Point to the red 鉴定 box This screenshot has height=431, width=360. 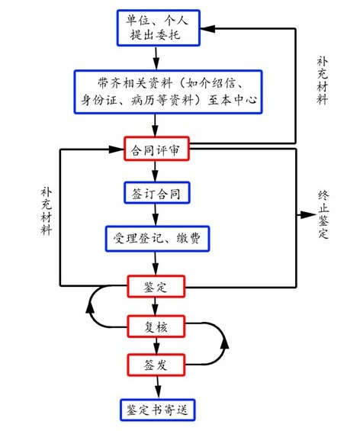click(x=156, y=286)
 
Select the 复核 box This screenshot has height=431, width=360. click(x=156, y=326)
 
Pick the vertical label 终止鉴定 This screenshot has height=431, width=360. click(x=323, y=216)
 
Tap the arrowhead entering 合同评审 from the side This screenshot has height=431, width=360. click(x=117, y=149)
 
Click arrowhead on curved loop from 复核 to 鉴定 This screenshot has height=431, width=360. click(x=91, y=307)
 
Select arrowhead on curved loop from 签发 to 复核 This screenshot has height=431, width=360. click(x=223, y=346)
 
